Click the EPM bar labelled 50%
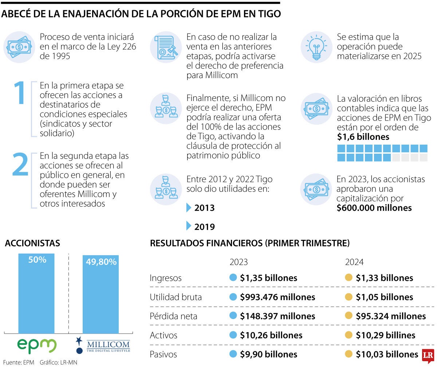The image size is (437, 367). [36, 293]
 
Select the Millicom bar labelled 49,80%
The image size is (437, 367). [101, 294]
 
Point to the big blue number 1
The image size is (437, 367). [20, 93]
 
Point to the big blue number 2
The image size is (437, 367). [20, 164]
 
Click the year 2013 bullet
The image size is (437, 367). [204, 208]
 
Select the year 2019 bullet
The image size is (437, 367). [204, 227]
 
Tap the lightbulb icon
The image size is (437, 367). [316, 47]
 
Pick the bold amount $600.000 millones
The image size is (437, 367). [374, 208]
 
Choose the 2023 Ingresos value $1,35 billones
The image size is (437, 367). [268, 278]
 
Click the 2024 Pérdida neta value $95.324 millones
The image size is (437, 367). [390, 316]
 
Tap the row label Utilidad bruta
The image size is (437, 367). [176, 297]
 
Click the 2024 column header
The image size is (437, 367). [354, 262]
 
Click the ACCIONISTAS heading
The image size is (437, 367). [32, 243]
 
